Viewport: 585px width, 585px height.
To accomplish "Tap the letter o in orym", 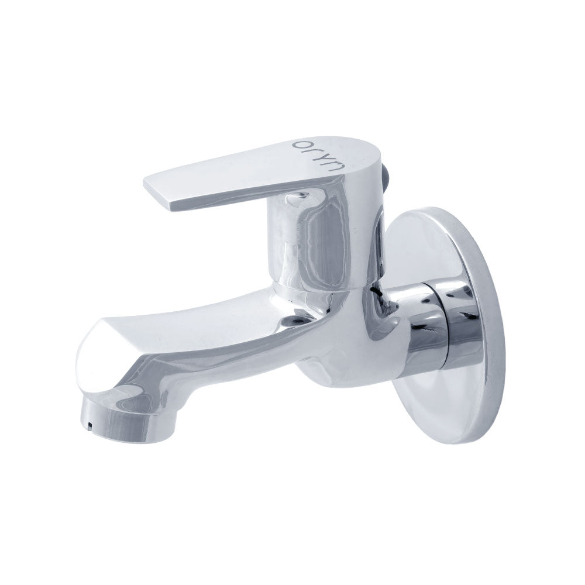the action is tap(300, 144).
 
